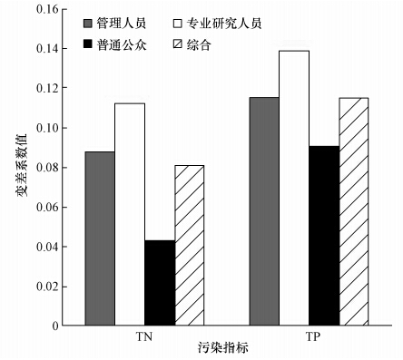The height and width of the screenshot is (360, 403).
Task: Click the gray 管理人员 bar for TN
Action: pyautogui.click(x=100, y=238)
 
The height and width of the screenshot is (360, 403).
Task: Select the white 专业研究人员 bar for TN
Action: pyautogui.click(x=130, y=214)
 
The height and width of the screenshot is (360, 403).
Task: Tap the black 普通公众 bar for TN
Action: pyautogui.click(x=159, y=282)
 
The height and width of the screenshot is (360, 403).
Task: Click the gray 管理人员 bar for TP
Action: pyautogui.click(x=264, y=211)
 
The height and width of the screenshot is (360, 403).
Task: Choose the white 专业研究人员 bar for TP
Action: pyautogui.click(x=294, y=188)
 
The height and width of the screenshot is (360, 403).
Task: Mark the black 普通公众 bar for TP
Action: pyautogui.click(x=324, y=236)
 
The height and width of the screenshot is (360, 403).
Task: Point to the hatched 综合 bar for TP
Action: pyautogui.click(x=354, y=211)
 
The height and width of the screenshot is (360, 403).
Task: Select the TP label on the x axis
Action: pyautogui.click(x=310, y=336)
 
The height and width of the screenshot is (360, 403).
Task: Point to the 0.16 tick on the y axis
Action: pyautogui.click(x=44, y=9)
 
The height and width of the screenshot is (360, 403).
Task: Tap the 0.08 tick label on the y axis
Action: pyautogui.click(x=44, y=168)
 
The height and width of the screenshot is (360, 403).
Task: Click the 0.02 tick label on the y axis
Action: pyautogui.click(x=44, y=286)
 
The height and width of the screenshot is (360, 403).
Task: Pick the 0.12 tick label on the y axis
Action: pyautogui.click(x=44, y=89)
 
